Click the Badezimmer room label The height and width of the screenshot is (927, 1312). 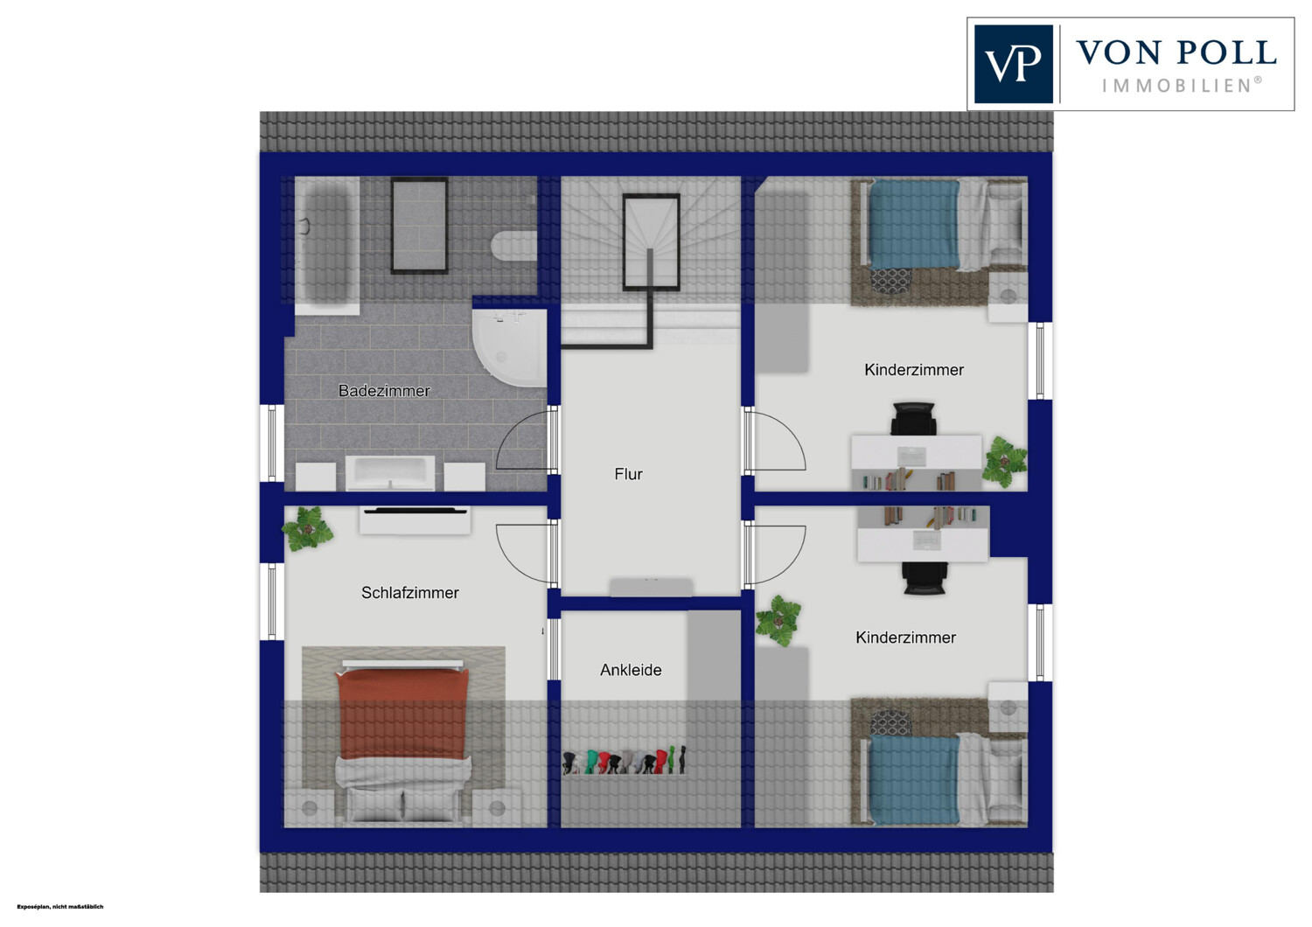384,391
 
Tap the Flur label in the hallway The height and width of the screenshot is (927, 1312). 629,474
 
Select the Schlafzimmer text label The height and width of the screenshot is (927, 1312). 410,593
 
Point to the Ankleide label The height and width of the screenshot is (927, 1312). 631,670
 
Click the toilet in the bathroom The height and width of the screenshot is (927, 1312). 514,246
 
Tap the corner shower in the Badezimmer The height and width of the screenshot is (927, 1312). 510,347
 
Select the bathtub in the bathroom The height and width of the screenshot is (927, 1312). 327,246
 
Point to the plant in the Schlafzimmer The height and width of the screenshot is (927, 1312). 308,528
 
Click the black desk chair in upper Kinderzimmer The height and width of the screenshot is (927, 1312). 912,418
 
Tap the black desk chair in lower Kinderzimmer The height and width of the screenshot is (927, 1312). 925,578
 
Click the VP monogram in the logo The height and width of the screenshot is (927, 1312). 1013,64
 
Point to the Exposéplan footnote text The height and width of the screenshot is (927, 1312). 60,907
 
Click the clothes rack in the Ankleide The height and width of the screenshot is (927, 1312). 625,761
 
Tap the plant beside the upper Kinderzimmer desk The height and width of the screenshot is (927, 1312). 1004,462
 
